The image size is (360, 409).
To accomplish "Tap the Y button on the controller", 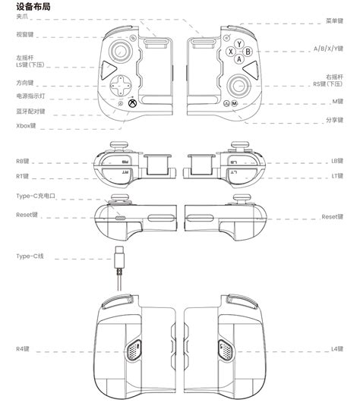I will click(237, 44).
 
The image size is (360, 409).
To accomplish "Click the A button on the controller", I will click(238, 60).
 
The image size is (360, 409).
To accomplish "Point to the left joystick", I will click(121, 50).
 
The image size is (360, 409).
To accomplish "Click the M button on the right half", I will click(235, 102).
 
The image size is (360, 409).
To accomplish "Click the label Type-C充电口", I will click(36, 197).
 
